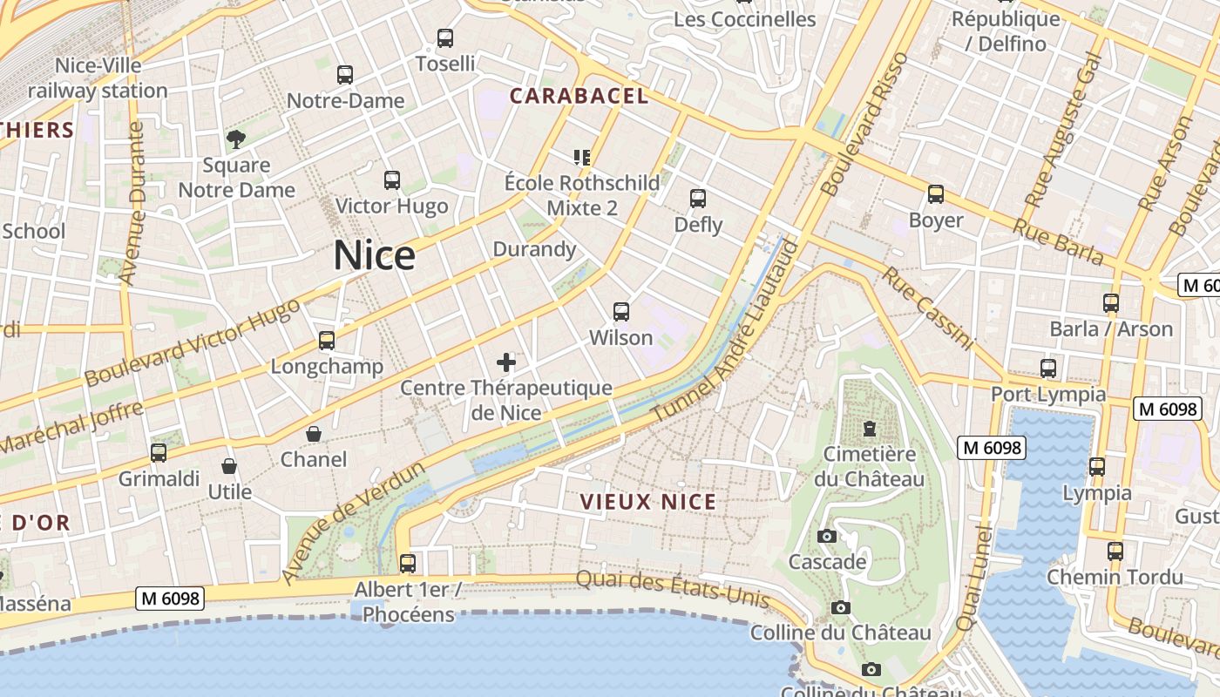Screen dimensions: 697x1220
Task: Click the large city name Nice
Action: [x=375, y=255]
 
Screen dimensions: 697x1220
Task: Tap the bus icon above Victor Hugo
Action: [x=392, y=180]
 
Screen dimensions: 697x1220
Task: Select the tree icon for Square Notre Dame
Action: [x=235, y=139]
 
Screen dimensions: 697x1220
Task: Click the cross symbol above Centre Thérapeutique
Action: [x=506, y=362]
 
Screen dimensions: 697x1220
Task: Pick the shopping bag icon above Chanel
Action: [x=314, y=434]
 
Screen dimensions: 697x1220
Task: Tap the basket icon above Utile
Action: [x=229, y=466]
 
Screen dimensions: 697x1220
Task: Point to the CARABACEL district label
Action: [x=579, y=96]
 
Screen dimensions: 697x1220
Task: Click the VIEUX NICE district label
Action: [x=648, y=502]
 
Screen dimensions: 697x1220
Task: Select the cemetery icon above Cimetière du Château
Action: [x=869, y=428]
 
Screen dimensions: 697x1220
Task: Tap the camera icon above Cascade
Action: [x=827, y=536]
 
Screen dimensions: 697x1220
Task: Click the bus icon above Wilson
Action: [x=621, y=311]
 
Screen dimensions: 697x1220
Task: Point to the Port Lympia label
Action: [x=1048, y=394]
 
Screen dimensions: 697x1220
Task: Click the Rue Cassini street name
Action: [x=927, y=308]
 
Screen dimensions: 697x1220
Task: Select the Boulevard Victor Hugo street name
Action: [x=192, y=342]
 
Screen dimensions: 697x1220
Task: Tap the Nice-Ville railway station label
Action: [x=98, y=78]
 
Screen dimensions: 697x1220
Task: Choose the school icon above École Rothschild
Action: [x=582, y=158]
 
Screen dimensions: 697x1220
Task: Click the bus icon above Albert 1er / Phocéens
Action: [x=408, y=563]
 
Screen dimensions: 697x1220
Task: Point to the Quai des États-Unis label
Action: [x=673, y=589]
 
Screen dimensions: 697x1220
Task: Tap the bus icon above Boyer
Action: [x=936, y=194]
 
